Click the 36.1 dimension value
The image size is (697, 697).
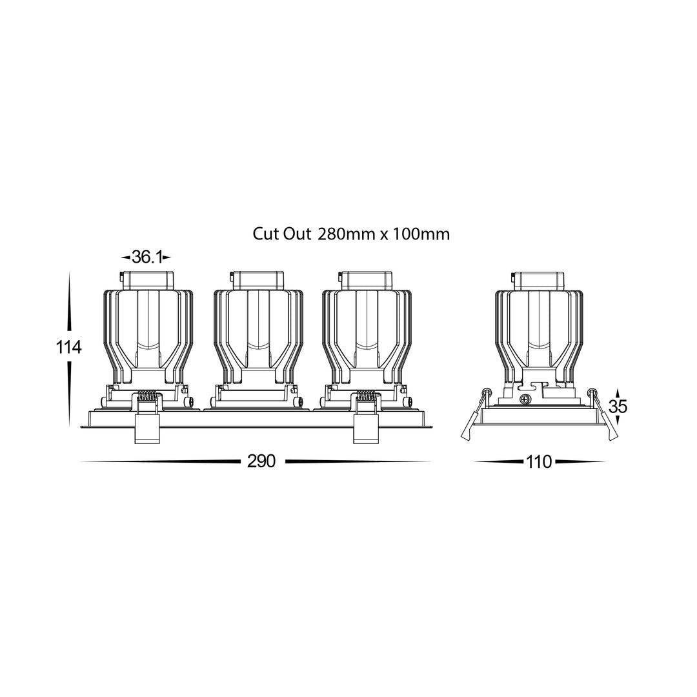coord(146,257)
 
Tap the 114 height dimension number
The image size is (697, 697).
coord(68,347)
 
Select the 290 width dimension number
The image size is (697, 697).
coord(261,461)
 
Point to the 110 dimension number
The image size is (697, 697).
coord(539,462)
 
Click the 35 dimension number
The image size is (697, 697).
coord(618,407)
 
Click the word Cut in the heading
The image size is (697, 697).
coord(266,234)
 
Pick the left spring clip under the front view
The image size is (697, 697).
coord(147,417)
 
